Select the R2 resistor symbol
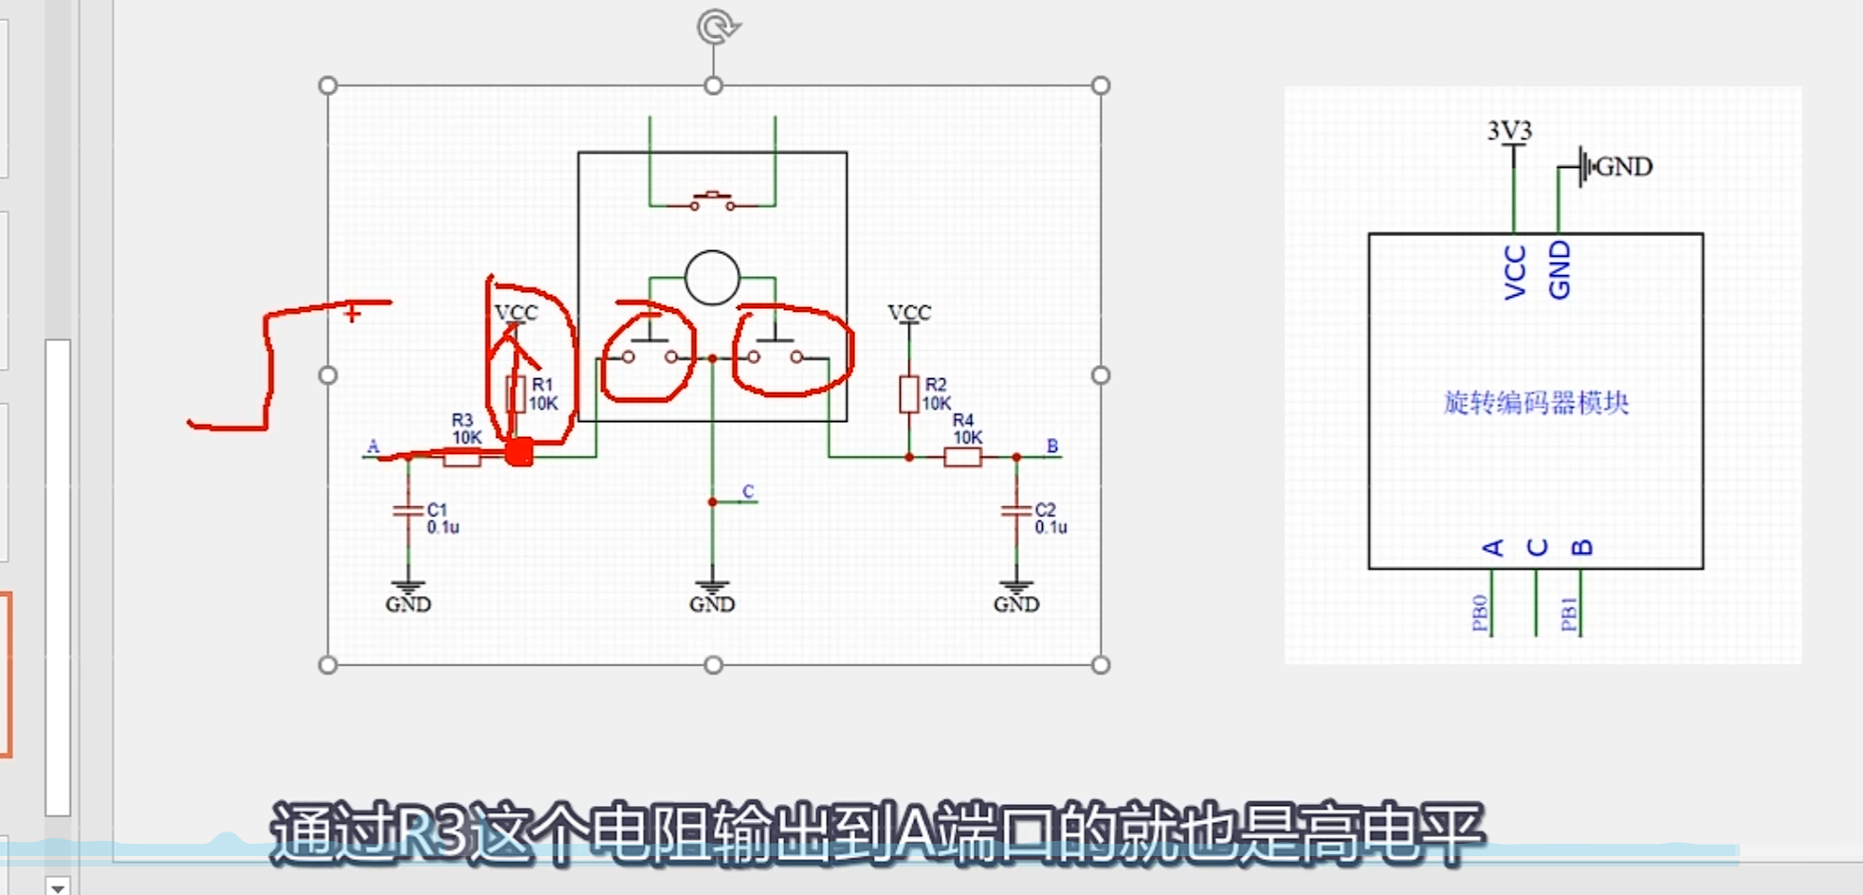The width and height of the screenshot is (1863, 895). [908, 393]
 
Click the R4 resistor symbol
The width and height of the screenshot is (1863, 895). [962, 457]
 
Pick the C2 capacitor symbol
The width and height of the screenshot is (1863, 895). [1015, 511]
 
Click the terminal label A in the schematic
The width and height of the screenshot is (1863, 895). [373, 446]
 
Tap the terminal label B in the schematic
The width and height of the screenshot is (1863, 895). [1051, 446]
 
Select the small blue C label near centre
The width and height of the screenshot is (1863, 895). [748, 491]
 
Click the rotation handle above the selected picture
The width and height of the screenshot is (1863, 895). [717, 27]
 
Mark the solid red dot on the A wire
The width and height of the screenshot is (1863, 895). [519, 453]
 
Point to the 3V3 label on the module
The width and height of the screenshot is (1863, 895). [1509, 130]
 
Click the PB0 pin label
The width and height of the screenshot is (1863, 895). [1479, 612]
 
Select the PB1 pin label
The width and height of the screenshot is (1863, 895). [1568, 613]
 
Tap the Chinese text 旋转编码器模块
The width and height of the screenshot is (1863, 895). [1536, 403]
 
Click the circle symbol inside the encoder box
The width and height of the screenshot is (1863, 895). [712, 278]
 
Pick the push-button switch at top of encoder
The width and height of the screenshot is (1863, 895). [712, 201]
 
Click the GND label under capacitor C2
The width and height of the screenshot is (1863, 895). [1016, 604]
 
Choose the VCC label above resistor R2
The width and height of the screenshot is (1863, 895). [909, 312]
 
